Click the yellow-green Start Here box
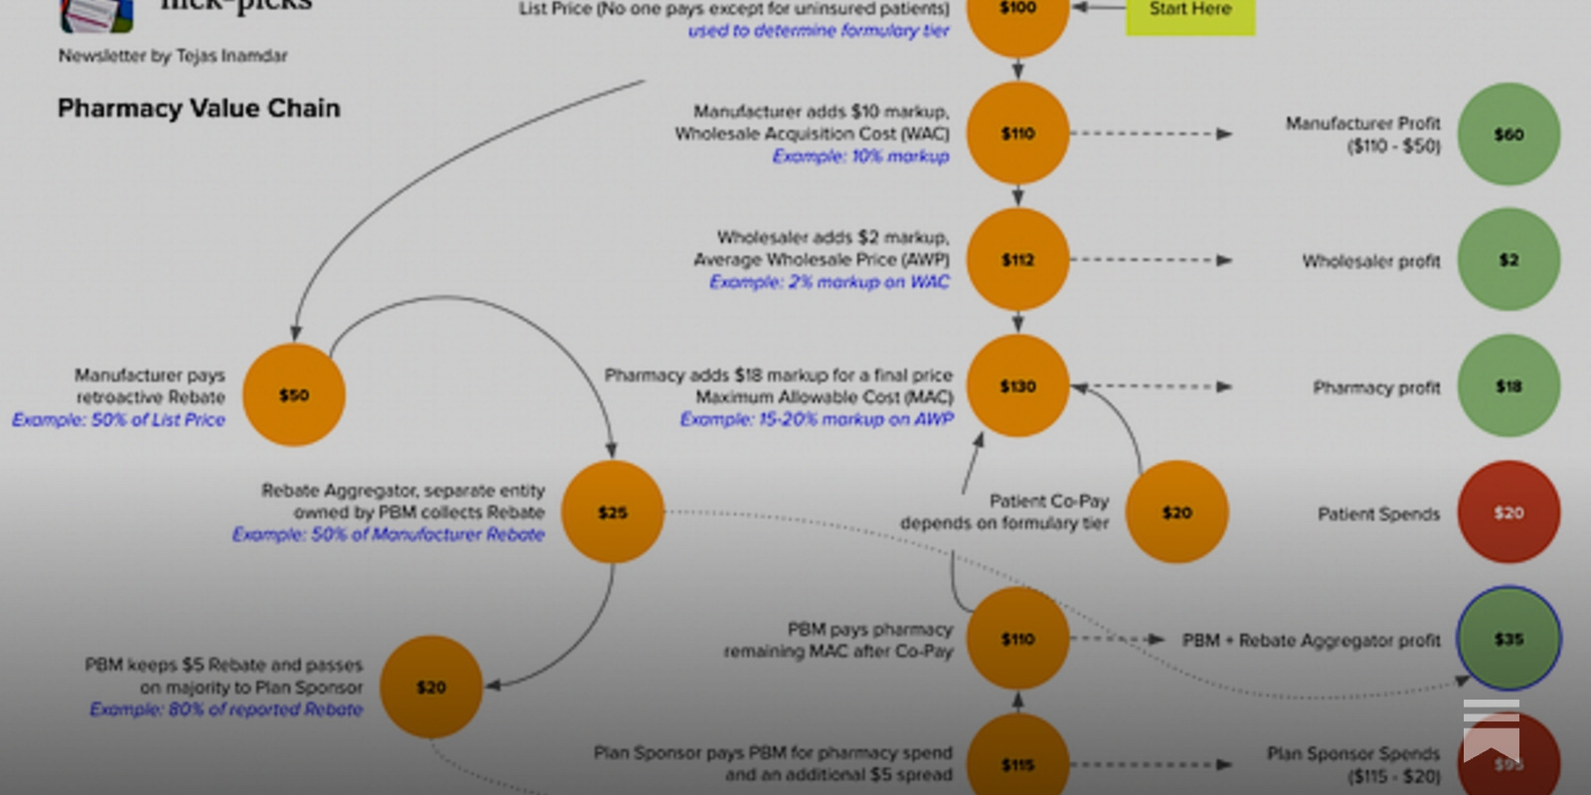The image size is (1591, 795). (1189, 12)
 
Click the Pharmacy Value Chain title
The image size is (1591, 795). (199, 108)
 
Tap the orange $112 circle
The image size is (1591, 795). (1017, 259)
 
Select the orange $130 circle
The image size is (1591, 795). (1017, 386)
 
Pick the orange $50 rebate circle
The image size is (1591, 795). (293, 395)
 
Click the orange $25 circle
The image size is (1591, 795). (613, 512)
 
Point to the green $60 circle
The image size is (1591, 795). (1507, 134)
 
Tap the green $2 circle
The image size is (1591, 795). (1507, 259)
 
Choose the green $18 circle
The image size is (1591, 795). (1507, 386)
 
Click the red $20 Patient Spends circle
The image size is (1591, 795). (1507, 512)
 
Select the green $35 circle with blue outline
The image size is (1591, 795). (1507, 639)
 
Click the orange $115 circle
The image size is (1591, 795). (1017, 763)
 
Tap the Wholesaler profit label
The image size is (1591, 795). (1370, 261)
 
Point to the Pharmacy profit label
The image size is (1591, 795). (1375, 388)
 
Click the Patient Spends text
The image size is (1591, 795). (1378, 514)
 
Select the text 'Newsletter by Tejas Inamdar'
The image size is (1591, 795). (172, 56)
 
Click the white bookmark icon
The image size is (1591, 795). (1491, 730)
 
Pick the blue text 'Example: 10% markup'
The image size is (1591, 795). (860, 156)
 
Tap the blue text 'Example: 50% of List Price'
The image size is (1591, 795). (118, 419)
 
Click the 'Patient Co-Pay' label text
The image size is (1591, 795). (1048, 501)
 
